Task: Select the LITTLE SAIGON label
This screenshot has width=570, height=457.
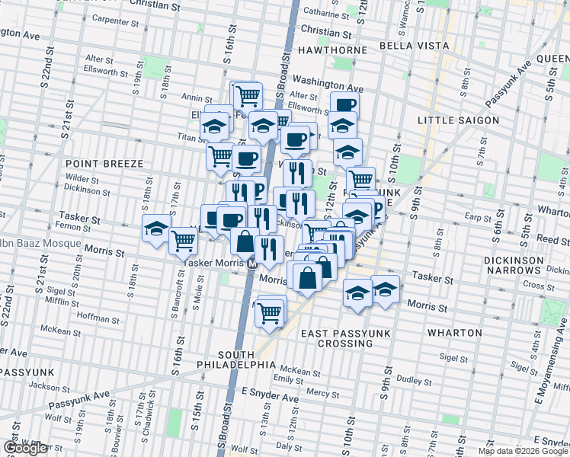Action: coord(459,120)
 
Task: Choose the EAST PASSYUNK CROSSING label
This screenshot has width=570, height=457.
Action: coord(336,338)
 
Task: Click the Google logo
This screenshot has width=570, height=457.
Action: coord(26,448)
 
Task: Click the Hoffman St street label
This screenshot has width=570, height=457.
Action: coord(94,317)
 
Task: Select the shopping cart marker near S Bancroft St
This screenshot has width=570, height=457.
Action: coord(184,240)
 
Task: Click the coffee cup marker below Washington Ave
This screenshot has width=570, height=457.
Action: coord(344,104)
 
